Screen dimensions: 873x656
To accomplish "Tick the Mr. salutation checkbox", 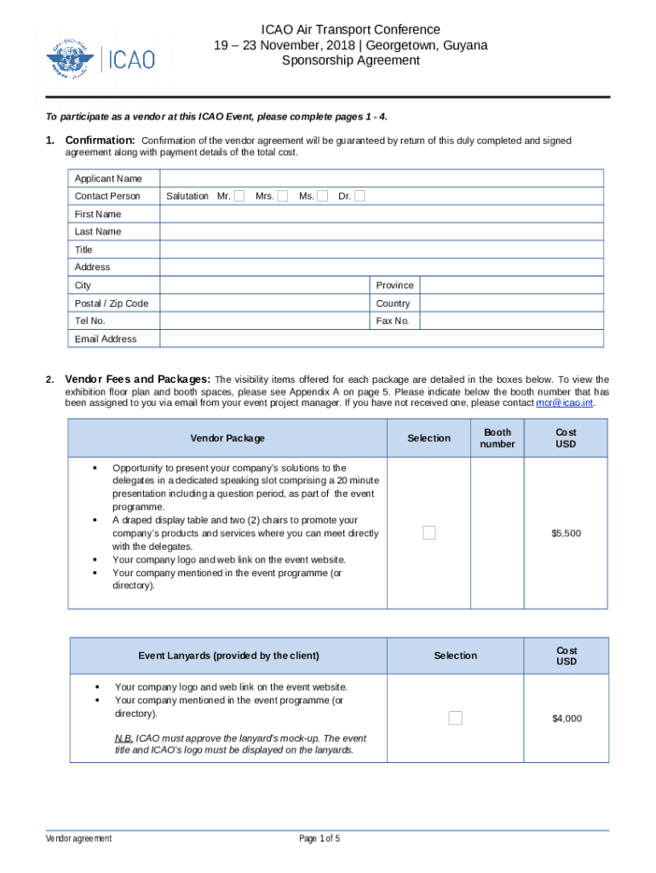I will (x=239, y=196).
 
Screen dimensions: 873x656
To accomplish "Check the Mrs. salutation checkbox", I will (x=282, y=196).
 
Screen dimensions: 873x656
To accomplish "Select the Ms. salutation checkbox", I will (x=322, y=196).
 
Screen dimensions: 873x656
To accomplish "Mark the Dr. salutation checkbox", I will (x=360, y=196).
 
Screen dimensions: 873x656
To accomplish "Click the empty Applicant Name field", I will (x=382, y=178).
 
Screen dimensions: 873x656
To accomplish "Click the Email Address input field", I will (x=382, y=338).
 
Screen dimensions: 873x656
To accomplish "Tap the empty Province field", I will (x=512, y=286).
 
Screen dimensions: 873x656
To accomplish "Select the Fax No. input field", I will (x=512, y=321).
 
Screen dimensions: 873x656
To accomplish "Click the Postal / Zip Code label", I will (x=111, y=304).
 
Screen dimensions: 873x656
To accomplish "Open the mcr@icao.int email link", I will (x=564, y=402).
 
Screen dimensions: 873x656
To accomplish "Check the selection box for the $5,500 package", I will (x=429, y=533).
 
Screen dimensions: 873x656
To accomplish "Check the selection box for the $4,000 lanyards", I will (x=455, y=718).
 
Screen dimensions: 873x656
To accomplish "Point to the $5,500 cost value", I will (x=566, y=534).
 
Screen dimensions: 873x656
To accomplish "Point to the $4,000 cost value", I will (x=566, y=719).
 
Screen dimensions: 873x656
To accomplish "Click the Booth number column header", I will (x=497, y=438).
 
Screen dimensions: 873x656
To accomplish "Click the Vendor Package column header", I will (x=227, y=438).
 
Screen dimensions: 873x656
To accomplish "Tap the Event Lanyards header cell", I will (x=228, y=656).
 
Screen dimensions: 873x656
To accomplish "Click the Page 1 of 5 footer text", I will (x=319, y=839).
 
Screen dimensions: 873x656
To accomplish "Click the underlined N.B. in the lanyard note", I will (x=123, y=738).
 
